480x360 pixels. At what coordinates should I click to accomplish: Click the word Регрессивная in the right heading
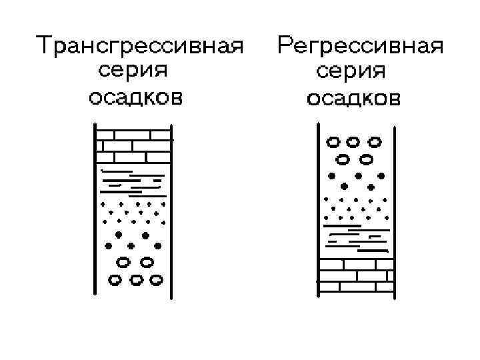coord(361,47)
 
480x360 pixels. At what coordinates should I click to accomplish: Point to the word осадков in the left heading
coord(135,98)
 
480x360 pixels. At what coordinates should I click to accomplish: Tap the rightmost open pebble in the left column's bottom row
coord(157,280)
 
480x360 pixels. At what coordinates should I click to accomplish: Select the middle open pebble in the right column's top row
coord(353,141)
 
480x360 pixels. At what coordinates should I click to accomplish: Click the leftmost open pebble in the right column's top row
coord(332,141)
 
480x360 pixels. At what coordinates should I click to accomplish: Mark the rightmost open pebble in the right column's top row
coord(375,141)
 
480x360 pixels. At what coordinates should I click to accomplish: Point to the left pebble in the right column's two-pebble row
coord(343,159)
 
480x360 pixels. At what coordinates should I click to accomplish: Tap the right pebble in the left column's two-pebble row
coord(147,261)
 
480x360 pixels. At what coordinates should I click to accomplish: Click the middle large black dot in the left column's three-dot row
coord(132,246)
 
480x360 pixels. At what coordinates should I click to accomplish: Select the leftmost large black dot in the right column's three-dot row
coord(331,176)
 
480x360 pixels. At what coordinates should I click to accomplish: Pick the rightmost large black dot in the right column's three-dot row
coord(381,176)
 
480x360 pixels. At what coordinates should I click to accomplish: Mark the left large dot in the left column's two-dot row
coord(119,235)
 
